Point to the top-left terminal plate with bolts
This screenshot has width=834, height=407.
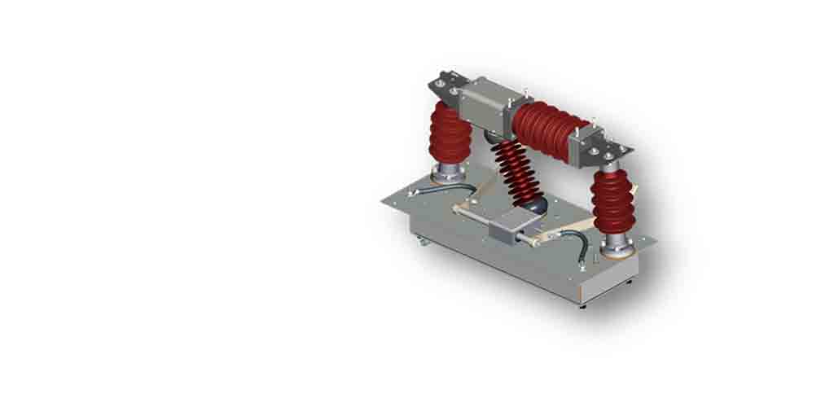[x=444, y=85]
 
